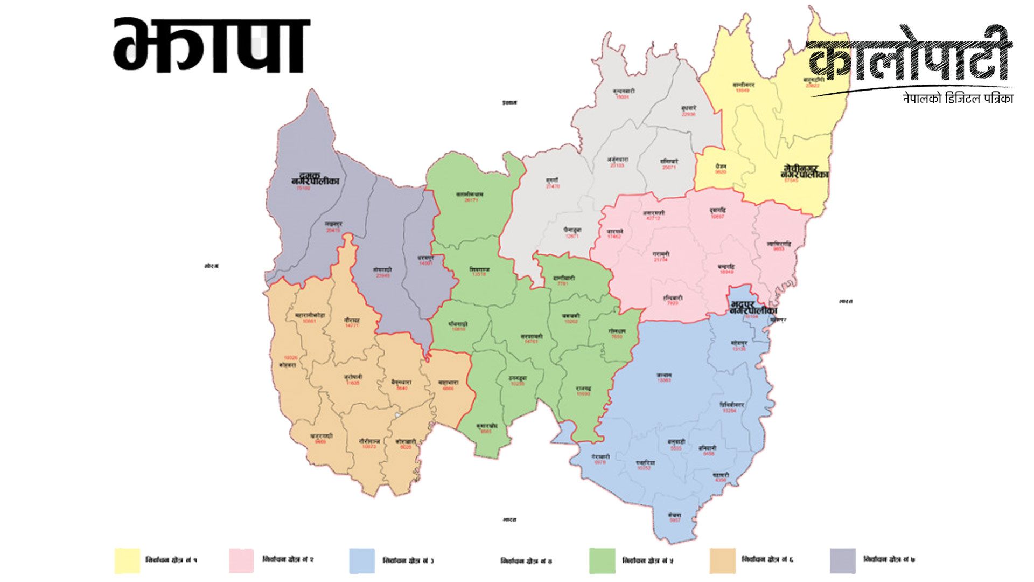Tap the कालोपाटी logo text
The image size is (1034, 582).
pos(909,59)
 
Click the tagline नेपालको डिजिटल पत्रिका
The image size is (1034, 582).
pos(958,99)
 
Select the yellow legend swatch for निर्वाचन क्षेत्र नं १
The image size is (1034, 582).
pos(127,560)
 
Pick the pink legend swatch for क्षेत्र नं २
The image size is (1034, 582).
pos(241,560)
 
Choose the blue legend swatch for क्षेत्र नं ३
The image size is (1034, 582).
pos(361,560)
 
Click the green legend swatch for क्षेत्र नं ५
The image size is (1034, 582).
pos(602,560)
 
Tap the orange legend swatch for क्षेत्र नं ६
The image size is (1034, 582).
pos(722,560)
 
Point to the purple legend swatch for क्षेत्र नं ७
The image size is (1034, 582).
pos(842,560)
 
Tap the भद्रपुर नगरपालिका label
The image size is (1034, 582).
pos(753,309)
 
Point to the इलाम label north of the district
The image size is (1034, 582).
pos(509,102)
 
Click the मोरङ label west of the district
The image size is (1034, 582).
pos(212,266)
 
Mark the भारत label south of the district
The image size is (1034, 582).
pos(509,519)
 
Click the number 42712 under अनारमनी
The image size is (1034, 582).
pos(653,218)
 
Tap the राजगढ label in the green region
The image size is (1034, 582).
pos(583,388)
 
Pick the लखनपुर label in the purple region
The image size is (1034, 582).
pos(333,224)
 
